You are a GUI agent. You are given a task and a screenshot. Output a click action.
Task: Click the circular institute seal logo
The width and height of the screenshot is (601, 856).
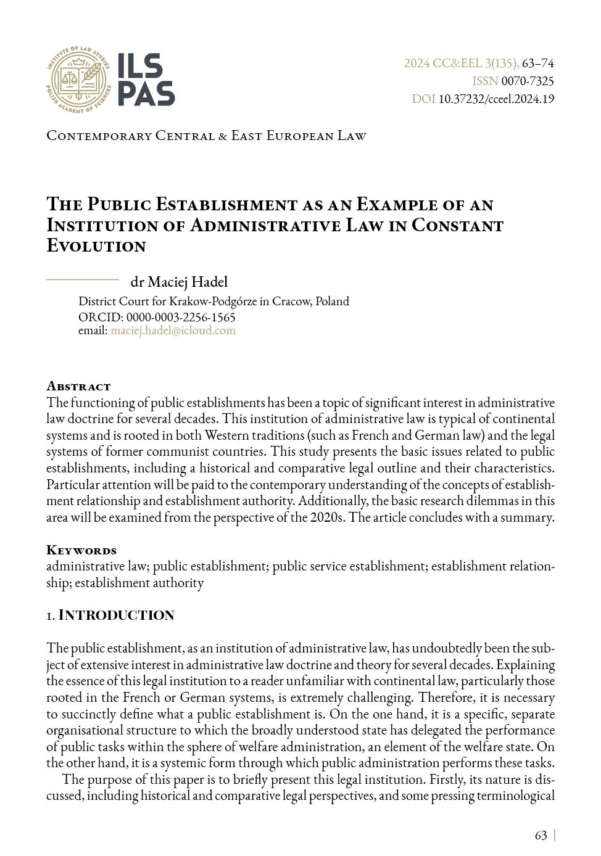click(78, 80)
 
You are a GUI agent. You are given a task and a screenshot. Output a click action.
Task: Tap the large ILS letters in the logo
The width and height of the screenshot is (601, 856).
click(139, 66)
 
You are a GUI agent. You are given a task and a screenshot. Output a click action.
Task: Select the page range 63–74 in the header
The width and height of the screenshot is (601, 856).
click(537, 64)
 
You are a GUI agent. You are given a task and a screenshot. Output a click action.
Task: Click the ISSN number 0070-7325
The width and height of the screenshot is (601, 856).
click(528, 81)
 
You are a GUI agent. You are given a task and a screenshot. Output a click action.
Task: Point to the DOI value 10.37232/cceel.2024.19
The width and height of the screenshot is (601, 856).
click(496, 99)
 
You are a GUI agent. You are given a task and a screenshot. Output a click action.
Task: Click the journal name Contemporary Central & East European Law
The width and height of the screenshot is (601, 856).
click(206, 136)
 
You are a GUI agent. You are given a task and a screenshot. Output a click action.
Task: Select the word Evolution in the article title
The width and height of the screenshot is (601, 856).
click(96, 246)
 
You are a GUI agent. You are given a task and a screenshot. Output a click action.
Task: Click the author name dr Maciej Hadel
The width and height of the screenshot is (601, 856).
click(179, 282)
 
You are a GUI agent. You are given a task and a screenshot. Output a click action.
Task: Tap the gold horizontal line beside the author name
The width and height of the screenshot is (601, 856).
click(82, 280)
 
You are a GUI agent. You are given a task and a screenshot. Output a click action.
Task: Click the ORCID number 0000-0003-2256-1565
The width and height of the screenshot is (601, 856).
click(181, 317)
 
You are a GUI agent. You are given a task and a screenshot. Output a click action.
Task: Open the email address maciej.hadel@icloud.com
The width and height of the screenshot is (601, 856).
click(173, 331)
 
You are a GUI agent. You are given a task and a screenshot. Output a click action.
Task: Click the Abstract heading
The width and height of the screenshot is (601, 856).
click(78, 387)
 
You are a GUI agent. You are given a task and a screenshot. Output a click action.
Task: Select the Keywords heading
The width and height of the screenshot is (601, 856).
click(81, 550)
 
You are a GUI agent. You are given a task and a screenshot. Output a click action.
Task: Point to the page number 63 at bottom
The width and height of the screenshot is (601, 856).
click(541, 835)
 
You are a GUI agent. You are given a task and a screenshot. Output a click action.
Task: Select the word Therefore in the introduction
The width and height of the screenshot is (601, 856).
click(446, 698)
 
